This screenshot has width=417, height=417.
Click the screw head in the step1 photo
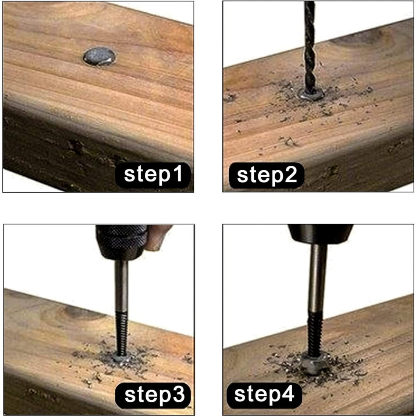[x=100, y=56]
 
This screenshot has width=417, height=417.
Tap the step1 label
[x=153, y=175]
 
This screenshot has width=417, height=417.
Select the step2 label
[x=266, y=175]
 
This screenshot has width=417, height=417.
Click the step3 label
[x=153, y=395]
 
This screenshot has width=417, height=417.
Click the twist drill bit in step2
[x=310, y=47]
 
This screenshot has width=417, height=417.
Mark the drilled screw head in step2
[x=311, y=93]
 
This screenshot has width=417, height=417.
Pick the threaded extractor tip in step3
[x=122, y=334]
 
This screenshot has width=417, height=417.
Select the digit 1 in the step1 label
[x=177, y=173]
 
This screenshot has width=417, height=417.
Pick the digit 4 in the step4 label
[x=288, y=393]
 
